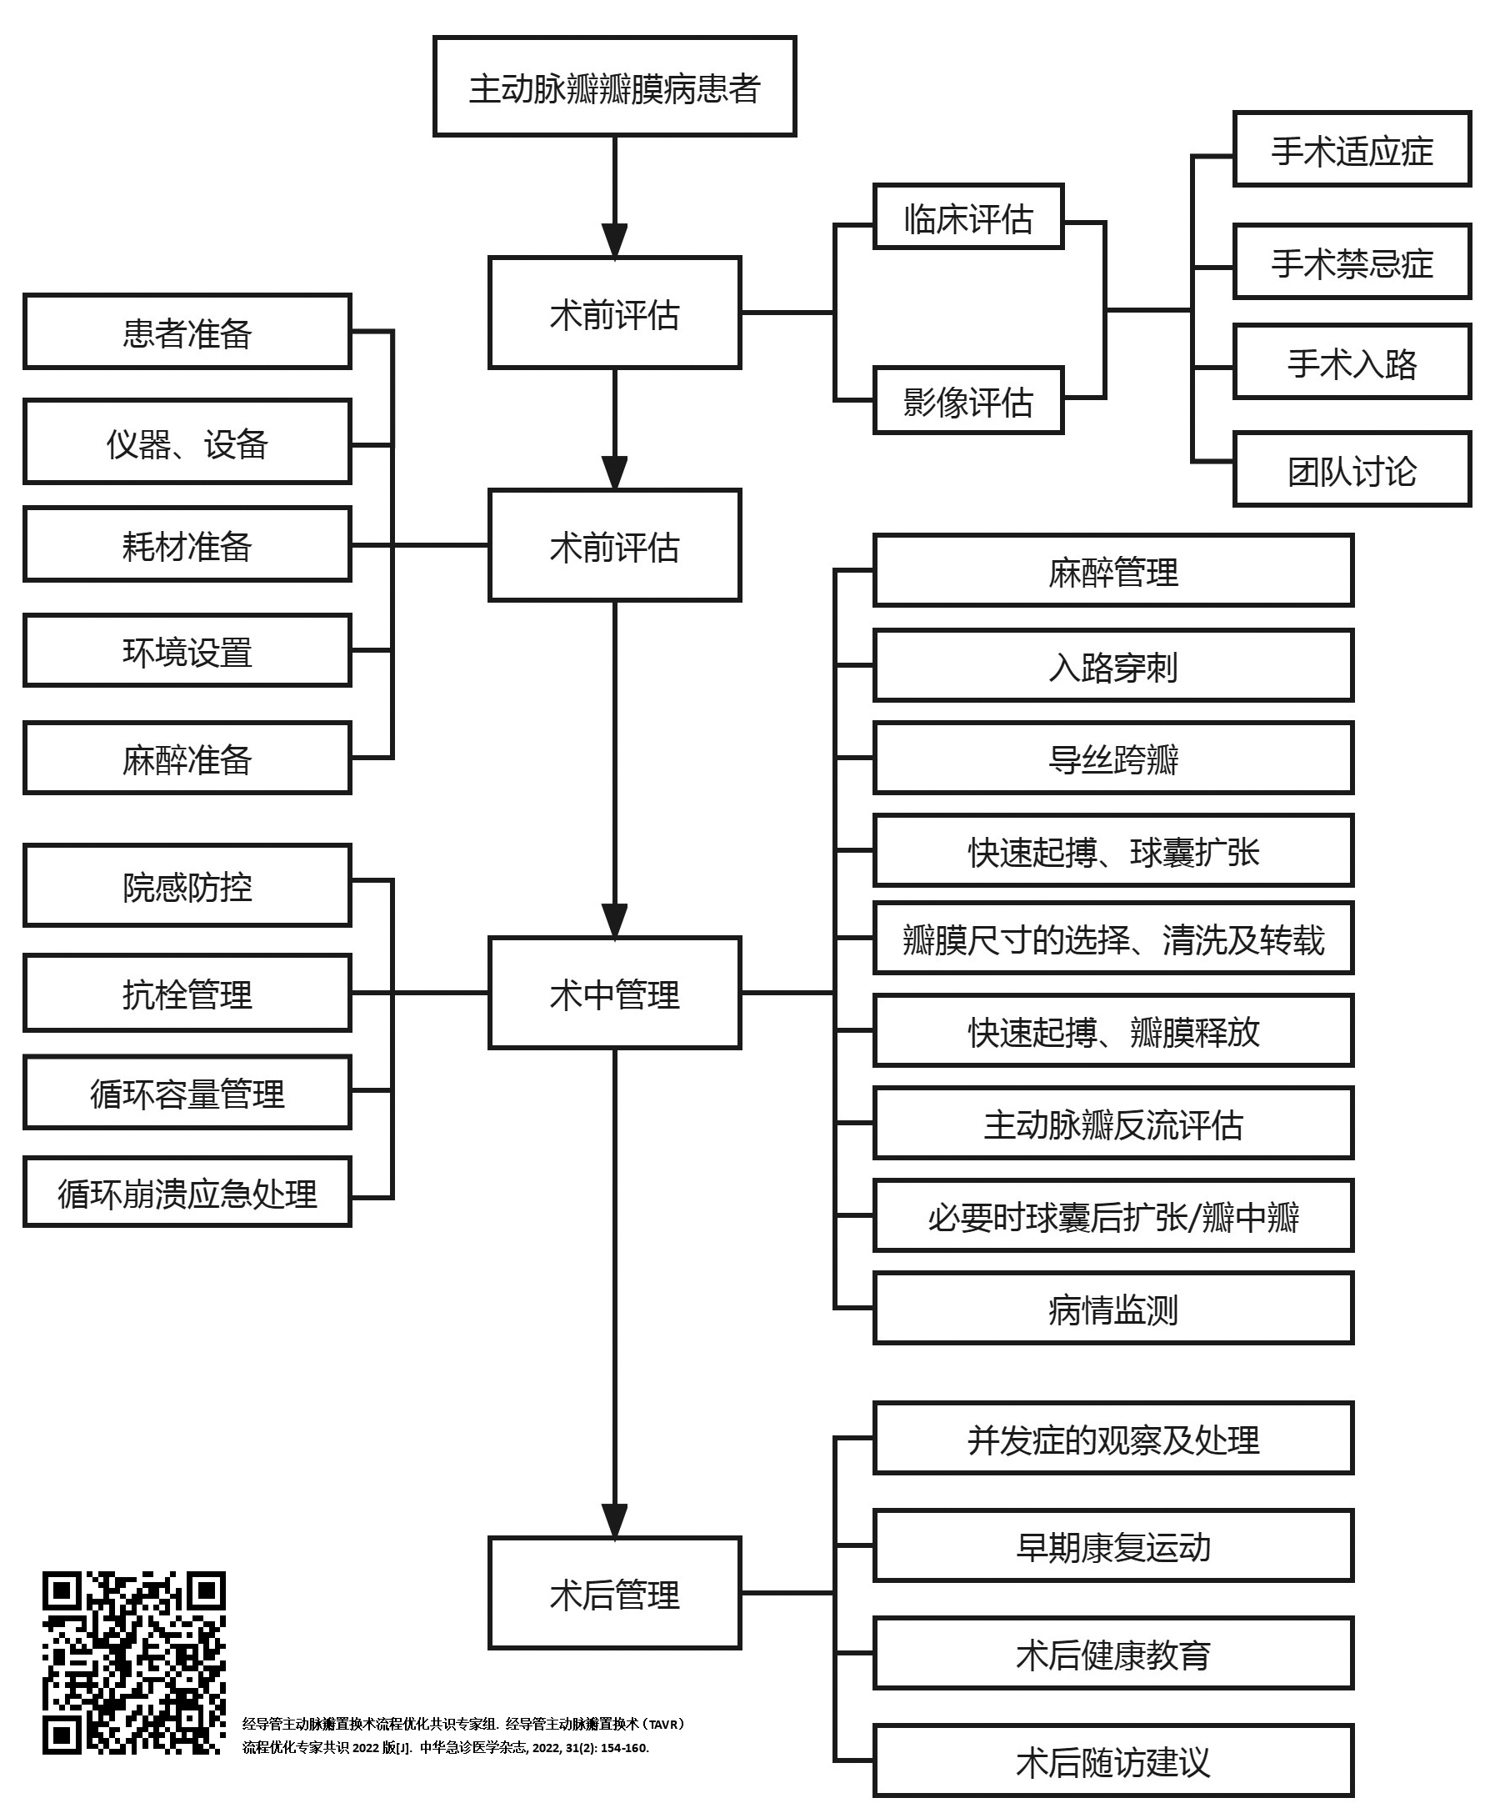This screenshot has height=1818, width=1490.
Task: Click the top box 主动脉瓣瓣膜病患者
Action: (614, 87)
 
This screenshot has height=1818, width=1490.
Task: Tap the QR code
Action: (134, 1663)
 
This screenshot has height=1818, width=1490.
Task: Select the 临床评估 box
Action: (968, 218)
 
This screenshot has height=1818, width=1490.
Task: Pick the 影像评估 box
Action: (968, 401)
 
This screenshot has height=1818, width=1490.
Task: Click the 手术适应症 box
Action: (1352, 149)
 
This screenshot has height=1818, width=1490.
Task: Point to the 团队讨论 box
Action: (1352, 469)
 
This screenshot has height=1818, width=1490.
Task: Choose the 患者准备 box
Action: (187, 333)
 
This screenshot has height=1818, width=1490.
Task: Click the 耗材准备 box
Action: (187, 545)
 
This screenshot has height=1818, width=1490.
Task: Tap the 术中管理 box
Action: (614, 993)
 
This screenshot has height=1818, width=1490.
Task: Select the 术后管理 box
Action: (614, 1593)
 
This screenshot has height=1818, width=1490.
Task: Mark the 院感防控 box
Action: (187, 886)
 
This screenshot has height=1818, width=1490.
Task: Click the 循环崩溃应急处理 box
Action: (187, 1192)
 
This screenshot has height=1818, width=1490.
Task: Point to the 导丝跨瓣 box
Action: (1113, 759)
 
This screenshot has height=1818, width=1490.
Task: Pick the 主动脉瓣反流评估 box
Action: (1113, 1124)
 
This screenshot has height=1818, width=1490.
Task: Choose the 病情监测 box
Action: (1113, 1309)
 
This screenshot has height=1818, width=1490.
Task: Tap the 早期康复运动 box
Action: (1113, 1546)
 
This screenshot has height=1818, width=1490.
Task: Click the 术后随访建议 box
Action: (1113, 1761)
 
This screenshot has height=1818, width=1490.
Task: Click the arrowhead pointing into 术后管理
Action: (614, 1522)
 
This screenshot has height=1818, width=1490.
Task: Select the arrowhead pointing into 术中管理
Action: (614, 922)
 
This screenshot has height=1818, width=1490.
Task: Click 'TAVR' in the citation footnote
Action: (662, 1724)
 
